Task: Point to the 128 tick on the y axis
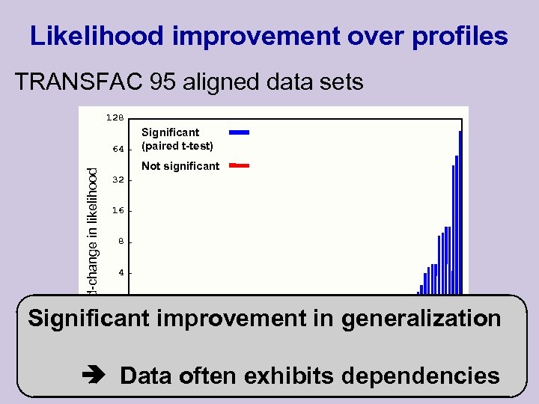115,117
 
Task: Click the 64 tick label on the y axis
118,149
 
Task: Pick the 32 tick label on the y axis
118,180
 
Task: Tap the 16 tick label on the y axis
118,211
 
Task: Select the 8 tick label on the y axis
121,242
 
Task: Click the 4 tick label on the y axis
121,273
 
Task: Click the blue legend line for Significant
239,132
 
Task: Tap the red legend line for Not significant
239,164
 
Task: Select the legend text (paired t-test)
177,146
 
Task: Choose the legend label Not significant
180,166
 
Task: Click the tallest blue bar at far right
460,209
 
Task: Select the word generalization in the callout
421,318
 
